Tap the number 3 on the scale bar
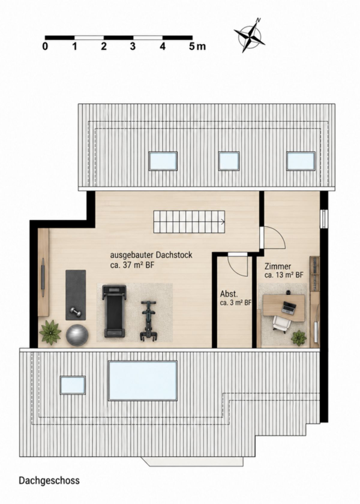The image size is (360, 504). click(x=133, y=46)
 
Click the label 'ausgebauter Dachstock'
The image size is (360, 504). click(x=151, y=255)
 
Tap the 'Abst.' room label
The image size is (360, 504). click(x=229, y=294)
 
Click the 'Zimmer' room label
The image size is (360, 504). click(x=277, y=267)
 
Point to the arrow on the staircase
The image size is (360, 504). click(x=223, y=222)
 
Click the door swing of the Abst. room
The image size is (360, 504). click(x=238, y=266)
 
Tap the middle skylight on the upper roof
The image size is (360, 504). click(x=229, y=161)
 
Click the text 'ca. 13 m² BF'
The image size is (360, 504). click(x=284, y=275)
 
